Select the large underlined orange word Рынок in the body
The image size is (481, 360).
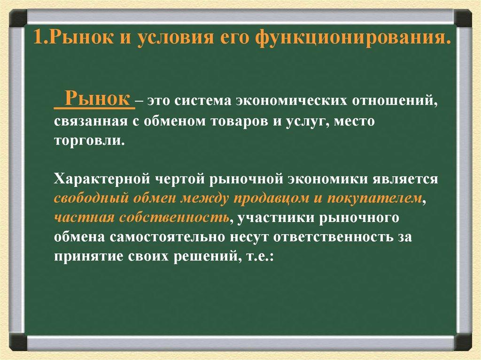98,98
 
